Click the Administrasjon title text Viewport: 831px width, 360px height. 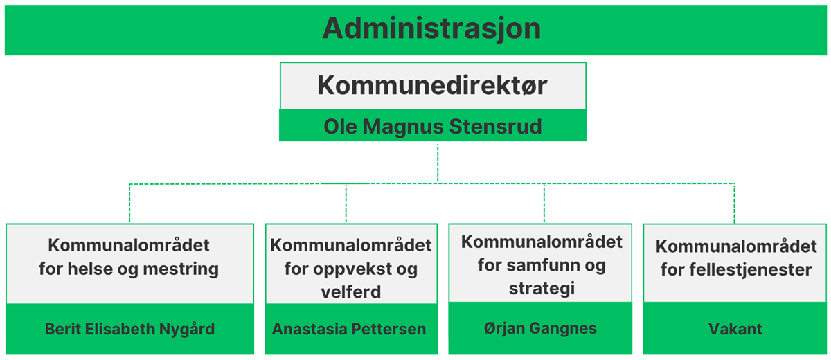coord(431,29)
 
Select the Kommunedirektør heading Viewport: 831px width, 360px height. coord(432,86)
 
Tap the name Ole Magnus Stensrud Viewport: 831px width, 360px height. coord(433,127)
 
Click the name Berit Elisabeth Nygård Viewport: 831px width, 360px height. coord(130,330)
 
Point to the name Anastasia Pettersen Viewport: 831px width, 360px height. coord(349,329)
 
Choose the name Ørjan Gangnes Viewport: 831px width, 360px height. coord(540,328)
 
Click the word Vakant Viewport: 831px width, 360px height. coord(735,329)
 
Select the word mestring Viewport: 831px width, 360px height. coord(181,269)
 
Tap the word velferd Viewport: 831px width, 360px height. coord(351,292)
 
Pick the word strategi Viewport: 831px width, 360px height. coord(542,289)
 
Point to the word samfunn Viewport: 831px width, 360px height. coord(542,265)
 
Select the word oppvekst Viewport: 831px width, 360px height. coord(352,269)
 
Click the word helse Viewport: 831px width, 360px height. coord(90,269)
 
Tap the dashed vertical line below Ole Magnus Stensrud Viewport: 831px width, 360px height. coord(438,163)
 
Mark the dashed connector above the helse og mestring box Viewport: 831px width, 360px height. coord(129,203)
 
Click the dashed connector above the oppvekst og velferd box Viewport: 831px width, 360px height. coord(346,203)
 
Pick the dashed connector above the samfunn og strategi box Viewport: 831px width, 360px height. coord(544,203)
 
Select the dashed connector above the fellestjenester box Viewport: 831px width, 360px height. coord(735,203)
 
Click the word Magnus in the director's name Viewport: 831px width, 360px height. coord(403,127)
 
